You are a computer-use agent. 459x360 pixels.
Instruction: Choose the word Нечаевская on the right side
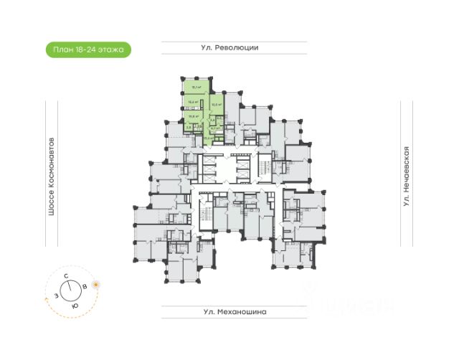(406, 170)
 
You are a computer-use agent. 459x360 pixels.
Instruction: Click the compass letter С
(65, 275)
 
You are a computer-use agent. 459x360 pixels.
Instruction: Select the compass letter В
(86, 286)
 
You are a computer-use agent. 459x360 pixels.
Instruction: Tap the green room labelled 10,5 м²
(214, 105)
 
